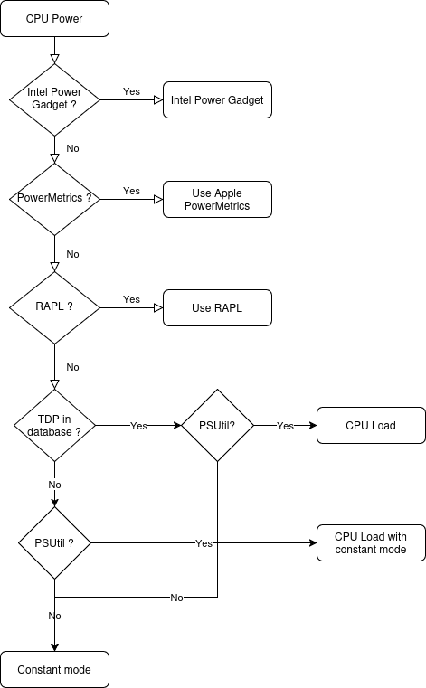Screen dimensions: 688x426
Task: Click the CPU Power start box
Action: point(54,19)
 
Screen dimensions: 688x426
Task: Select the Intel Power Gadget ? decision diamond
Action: point(54,99)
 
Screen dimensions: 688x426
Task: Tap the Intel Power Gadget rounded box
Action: point(217,100)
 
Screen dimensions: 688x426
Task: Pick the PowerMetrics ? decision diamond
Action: point(54,199)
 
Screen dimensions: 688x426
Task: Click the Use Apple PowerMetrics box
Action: point(217,200)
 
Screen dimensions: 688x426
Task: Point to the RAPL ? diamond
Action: point(54,307)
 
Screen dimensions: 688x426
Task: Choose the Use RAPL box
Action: point(217,308)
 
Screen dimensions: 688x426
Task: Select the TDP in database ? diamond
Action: point(54,425)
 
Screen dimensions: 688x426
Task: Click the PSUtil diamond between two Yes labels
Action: point(217,425)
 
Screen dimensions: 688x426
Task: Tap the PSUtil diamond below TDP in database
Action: point(54,543)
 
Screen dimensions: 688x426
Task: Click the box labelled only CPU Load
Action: point(371,425)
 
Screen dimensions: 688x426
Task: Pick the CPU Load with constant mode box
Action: point(371,543)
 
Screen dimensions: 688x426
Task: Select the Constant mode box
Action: point(54,670)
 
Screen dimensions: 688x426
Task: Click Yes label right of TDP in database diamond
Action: point(139,425)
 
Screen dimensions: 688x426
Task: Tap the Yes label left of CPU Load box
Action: point(285,425)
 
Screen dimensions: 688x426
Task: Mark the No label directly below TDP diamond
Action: point(54,485)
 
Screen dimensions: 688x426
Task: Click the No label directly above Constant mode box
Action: point(54,615)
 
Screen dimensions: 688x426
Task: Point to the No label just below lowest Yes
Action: point(176,598)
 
